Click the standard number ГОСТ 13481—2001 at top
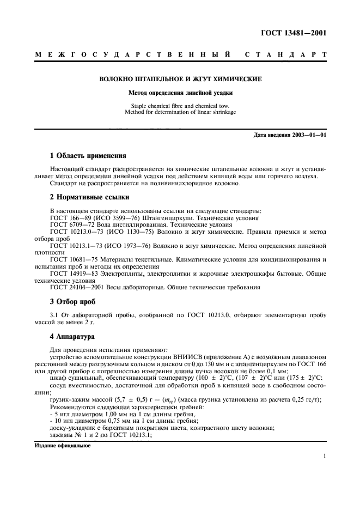(x=294, y=33)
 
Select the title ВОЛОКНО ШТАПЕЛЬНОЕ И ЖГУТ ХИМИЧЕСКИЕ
(x=180, y=80)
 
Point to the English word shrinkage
(x=217, y=113)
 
